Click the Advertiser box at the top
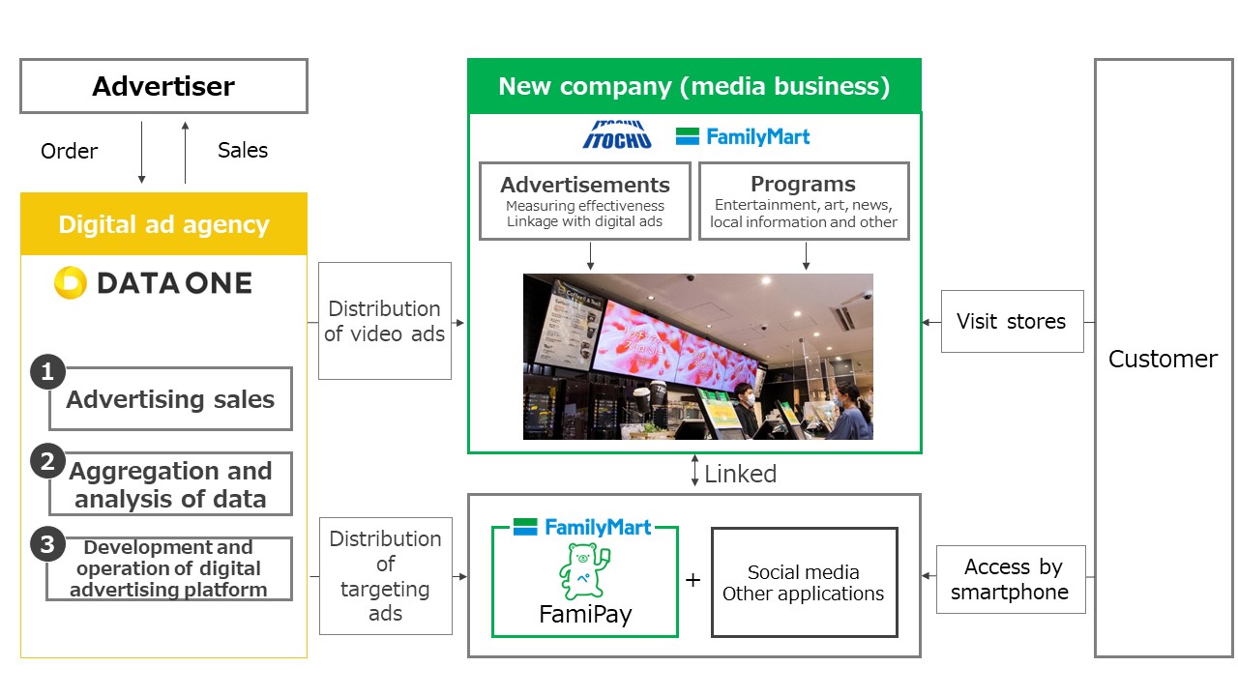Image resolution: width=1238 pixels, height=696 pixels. tap(163, 86)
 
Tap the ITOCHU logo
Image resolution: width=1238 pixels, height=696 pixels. tap(617, 135)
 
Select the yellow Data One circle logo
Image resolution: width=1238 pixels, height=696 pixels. tap(71, 282)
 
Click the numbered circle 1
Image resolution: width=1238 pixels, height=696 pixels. tap(47, 372)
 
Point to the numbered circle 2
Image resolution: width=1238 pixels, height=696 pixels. tap(47, 461)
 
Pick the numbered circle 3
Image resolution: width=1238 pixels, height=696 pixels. tap(47, 544)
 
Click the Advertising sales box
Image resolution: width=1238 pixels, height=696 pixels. tap(170, 399)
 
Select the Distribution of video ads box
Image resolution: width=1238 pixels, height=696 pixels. tap(385, 321)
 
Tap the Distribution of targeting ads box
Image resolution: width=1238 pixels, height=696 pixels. tap(386, 576)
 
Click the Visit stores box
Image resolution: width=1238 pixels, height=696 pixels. tap(1013, 322)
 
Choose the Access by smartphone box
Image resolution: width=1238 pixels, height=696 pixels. tap(1011, 579)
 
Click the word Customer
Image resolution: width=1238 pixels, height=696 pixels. tap(1163, 359)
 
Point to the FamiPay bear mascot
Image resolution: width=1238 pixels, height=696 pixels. tap(585, 571)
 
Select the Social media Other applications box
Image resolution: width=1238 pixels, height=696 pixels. tap(804, 582)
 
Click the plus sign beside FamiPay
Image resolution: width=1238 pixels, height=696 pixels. tap(693, 580)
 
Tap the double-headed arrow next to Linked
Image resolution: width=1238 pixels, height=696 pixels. tap(694, 470)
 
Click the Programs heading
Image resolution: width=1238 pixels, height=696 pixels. tap(803, 184)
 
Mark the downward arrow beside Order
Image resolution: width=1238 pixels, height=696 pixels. tap(141, 153)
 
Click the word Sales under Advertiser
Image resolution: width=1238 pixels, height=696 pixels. tap(243, 150)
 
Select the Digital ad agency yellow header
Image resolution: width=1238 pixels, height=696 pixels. tap(163, 223)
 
